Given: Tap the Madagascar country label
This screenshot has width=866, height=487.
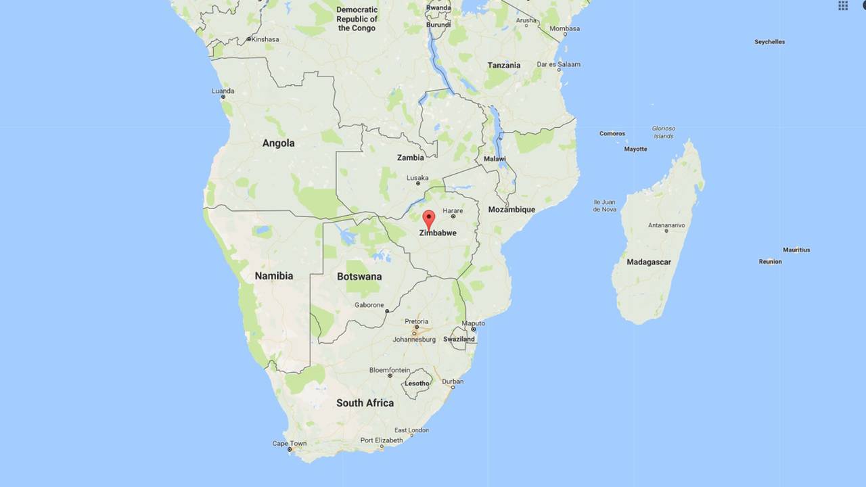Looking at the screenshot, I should [648, 262].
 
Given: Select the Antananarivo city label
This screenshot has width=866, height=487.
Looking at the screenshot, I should [666, 225].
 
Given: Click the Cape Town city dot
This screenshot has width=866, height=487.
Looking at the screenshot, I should [290, 449].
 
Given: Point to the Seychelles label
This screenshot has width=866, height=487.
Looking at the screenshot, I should [769, 42].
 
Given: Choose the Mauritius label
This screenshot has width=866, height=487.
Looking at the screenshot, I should [796, 250].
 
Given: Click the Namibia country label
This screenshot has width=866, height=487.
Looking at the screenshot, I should [274, 276].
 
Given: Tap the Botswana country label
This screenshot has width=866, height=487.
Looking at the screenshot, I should [359, 276].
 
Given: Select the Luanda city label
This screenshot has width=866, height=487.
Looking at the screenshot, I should [223, 91].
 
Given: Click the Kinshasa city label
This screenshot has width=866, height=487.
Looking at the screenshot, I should [265, 39].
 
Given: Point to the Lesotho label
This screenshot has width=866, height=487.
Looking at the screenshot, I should [416, 384].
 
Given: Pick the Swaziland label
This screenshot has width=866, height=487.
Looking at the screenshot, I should [459, 339].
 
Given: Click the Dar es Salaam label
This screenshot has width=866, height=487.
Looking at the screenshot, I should [558, 64].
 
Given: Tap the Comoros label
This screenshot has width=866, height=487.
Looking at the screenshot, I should [612, 133].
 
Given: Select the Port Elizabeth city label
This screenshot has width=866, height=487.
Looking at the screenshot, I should [382, 440].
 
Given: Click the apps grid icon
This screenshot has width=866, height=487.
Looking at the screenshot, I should [843, 5].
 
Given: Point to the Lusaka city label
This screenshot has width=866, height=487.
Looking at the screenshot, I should [417, 179].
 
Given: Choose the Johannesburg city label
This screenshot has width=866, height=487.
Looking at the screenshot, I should [414, 340].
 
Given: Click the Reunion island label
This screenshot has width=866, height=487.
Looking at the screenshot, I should [770, 262].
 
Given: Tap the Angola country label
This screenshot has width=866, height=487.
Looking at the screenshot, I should [279, 143].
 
